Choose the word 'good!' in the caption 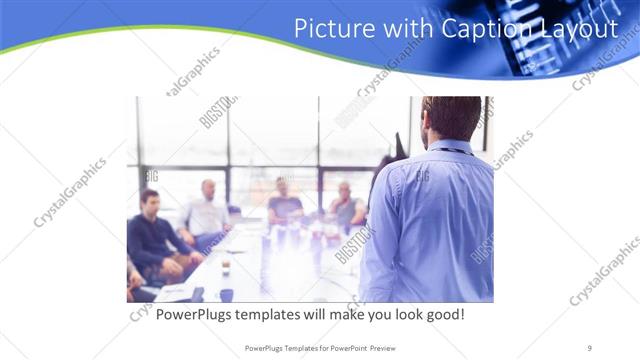pyautogui.click(x=441, y=315)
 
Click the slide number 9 pyautogui.click(x=590, y=347)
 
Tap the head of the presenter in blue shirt pyautogui.click(x=452, y=117)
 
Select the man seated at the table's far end pyautogui.click(x=284, y=202)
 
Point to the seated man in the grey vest pyautogui.click(x=346, y=207)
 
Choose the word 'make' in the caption pyautogui.click(x=331, y=315)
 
